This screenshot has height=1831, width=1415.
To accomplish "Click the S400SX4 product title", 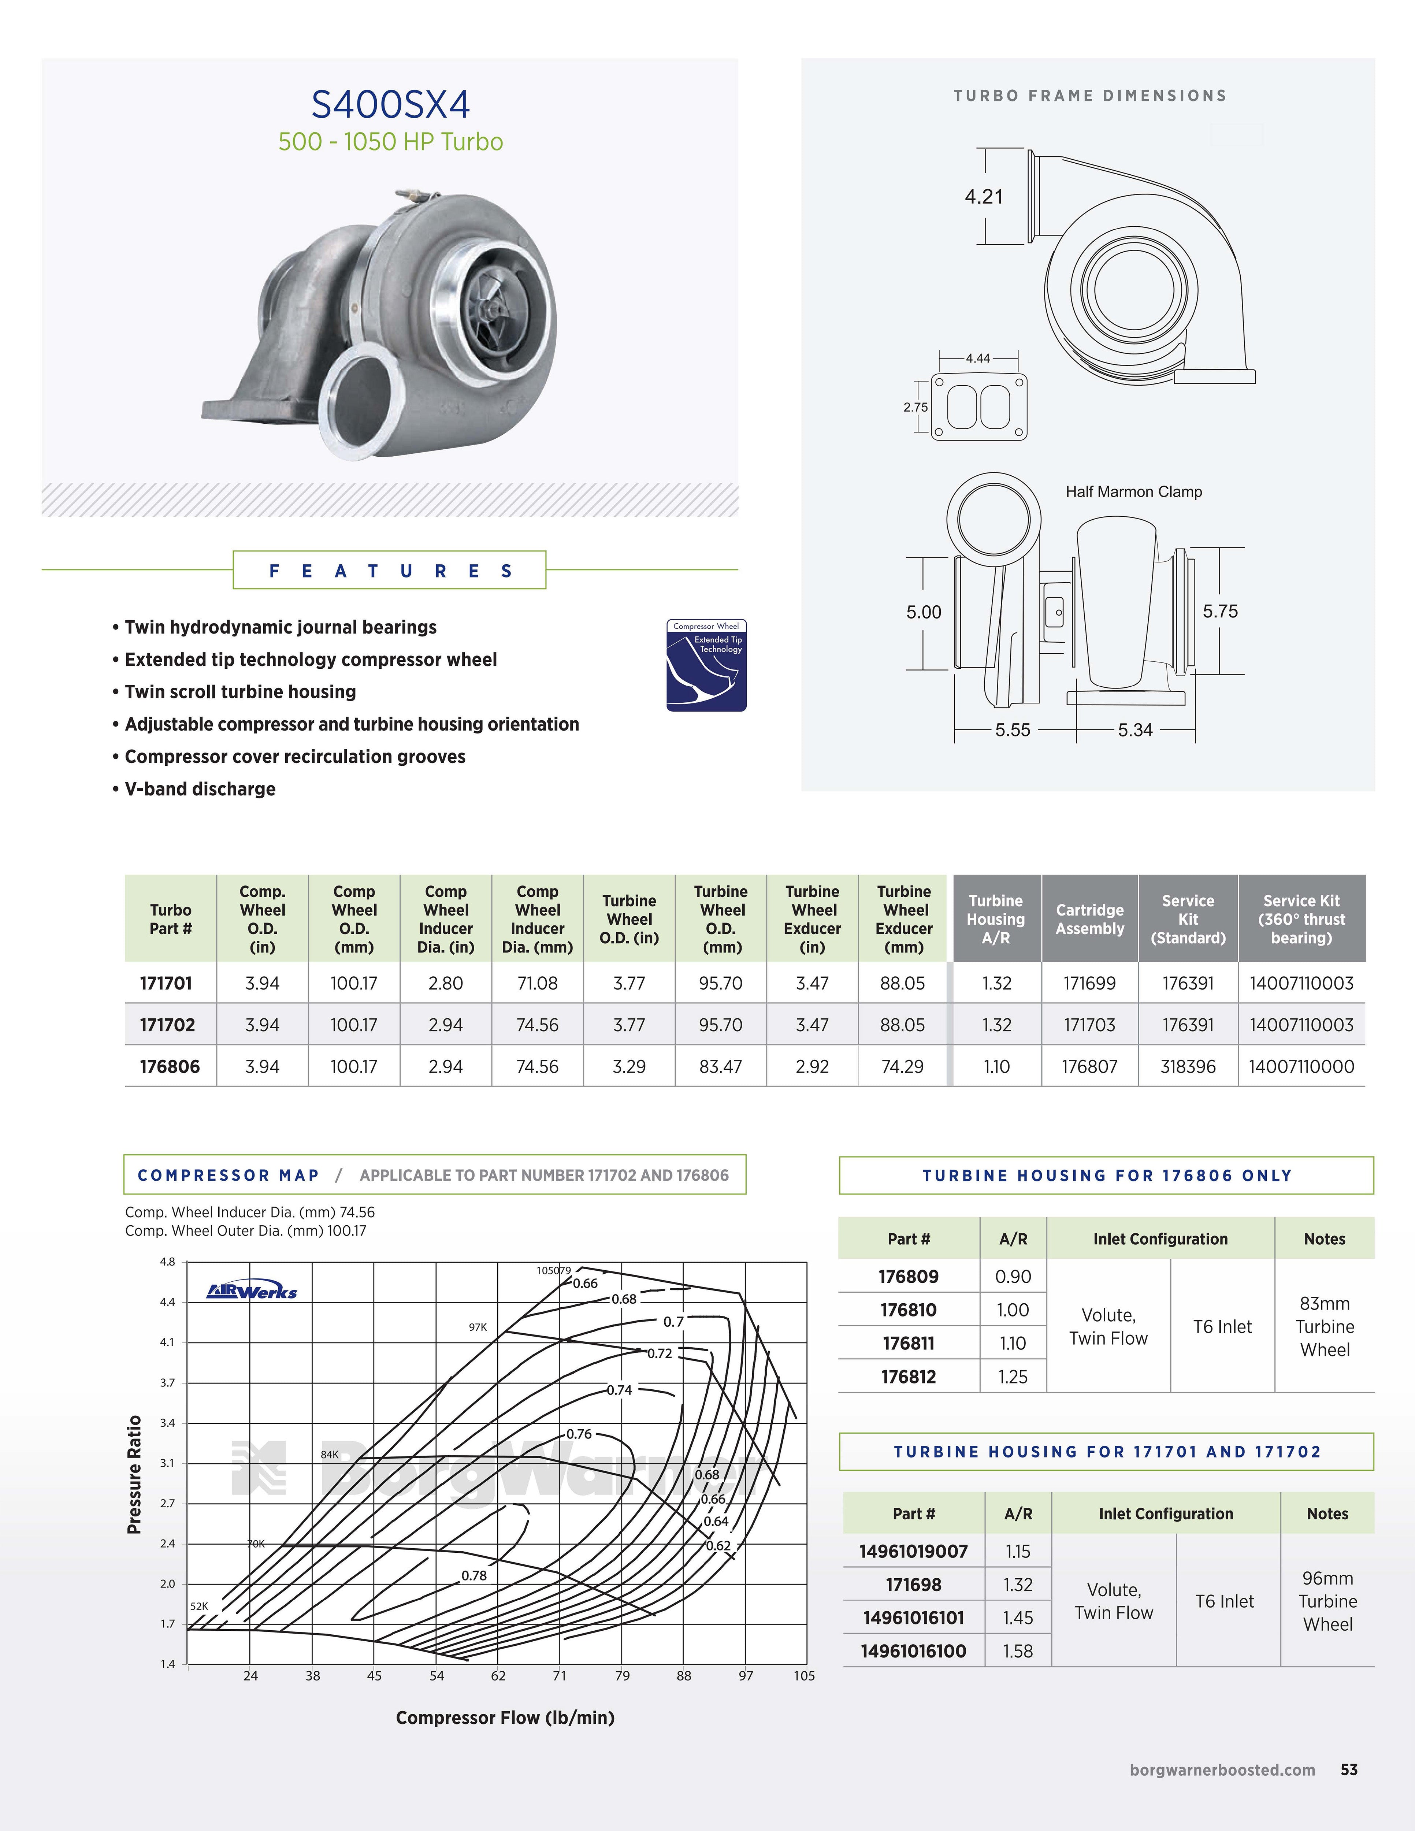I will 391,105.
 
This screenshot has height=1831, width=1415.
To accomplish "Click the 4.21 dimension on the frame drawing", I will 983,197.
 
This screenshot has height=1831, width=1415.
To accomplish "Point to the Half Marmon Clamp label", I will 1133,492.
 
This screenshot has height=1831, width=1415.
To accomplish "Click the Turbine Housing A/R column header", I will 996,919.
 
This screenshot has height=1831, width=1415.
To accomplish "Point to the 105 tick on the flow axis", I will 804,1676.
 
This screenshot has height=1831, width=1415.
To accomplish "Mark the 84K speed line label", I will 330,1455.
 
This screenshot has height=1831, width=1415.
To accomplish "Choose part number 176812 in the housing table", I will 909,1377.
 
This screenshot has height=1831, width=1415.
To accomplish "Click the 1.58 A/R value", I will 1018,1651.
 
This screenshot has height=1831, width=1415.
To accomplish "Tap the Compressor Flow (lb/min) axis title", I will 505,1718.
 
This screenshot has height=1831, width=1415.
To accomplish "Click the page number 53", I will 1349,1770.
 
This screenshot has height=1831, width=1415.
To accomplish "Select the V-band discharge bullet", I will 200,789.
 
